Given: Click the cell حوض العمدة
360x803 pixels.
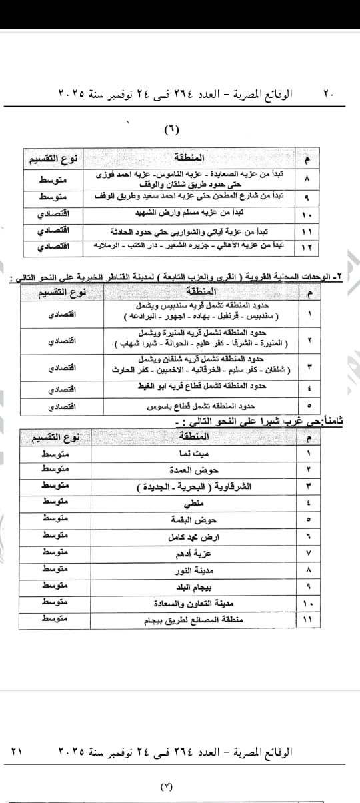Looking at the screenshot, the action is (185, 470).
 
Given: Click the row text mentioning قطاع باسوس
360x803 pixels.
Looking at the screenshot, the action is (201, 406).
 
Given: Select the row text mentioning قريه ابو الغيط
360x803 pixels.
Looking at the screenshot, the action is (207, 387).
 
